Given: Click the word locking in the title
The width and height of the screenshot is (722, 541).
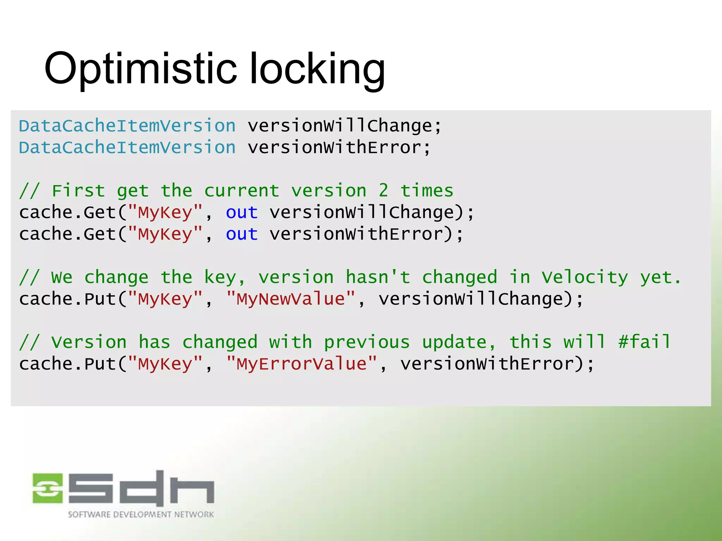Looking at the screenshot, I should click(x=317, y=69).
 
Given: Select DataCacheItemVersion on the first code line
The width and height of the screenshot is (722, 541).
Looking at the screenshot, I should click(x=127, y=126).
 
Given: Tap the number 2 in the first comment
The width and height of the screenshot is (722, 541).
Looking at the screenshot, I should click(x=384, y=191).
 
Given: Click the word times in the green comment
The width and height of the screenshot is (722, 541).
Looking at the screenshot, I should click(x=427, y=191).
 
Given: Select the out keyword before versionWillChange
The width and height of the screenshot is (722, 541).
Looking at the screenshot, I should click(x=242, y=213).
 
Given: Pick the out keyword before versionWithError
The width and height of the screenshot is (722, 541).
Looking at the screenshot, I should click(x=242, y=234).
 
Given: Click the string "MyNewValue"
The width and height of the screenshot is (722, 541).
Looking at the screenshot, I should click(x=291, y=299).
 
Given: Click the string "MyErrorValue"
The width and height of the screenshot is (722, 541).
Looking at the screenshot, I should click(x=302, y=364).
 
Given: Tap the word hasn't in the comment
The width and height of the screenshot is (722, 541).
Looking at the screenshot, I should click(x=378, y=277).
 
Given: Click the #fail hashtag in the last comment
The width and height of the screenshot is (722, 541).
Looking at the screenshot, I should click(x=644, y=342).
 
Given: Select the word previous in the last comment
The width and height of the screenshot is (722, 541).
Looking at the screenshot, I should click(x=367, y=342).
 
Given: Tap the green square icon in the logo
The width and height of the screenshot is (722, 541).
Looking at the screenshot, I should click(x=48, y=488).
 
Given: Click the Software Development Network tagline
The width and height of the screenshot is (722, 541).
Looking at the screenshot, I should click(x=141, y=515).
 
